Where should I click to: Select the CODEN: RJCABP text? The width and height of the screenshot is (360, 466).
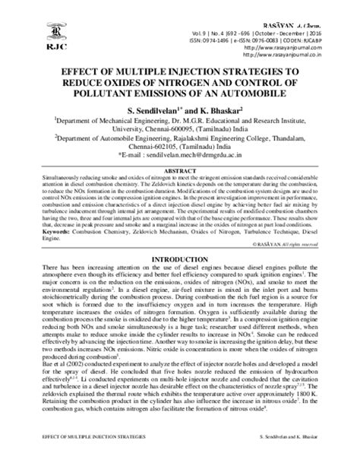click(x=326, y=36)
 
